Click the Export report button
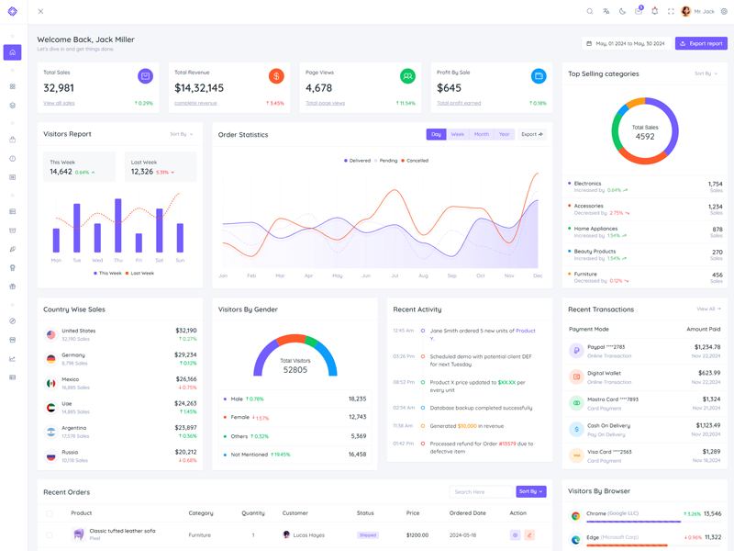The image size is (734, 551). [701, 43]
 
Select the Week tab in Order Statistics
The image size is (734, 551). [457, 134]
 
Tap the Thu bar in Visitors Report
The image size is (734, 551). [118, 225]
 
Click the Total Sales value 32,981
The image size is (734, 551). [59, 88]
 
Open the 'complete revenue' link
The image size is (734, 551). [195, 103]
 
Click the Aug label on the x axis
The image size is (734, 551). [423, 275]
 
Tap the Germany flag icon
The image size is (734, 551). [51, 359]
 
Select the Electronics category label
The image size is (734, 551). [587, 184]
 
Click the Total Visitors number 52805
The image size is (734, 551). [295, 370]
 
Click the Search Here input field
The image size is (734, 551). [481, 491]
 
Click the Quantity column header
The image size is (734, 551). [253, 513]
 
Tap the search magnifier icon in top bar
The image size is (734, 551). [590, 12]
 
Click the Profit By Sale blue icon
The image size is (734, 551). [539, 76]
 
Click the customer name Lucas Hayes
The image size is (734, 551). [309, 534]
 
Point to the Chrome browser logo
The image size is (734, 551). [576, 516]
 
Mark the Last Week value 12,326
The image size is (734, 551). [141, 172]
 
